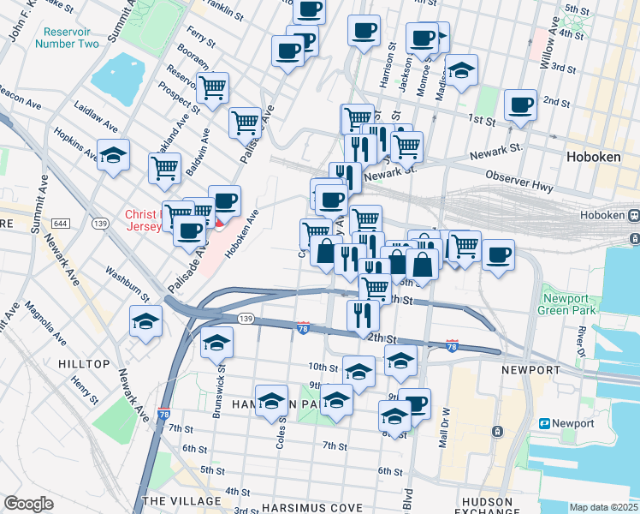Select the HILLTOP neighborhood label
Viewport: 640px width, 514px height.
click(84, 364)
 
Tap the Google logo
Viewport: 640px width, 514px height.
click(29, 504)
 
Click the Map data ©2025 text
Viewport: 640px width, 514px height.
click(603, 507)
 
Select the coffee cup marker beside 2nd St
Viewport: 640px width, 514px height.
click(520, 106)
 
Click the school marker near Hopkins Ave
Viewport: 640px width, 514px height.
click(113, 156)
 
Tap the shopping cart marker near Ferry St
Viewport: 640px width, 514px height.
click(212, 87)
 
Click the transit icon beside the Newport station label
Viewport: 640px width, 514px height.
click(543, 423)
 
